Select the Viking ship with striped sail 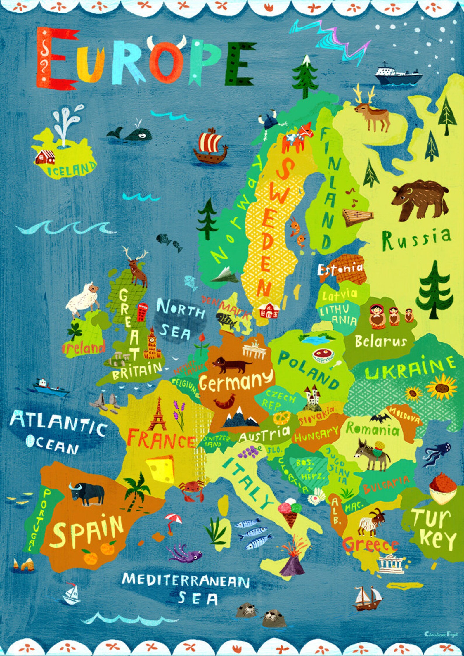210,146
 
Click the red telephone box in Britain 142,311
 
